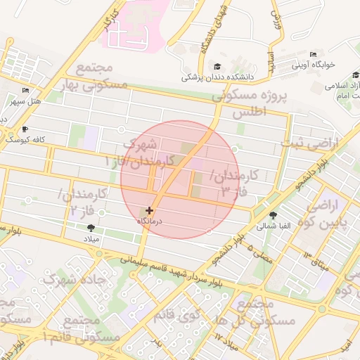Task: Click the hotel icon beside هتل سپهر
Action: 26,90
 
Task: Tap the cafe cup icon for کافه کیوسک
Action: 26,129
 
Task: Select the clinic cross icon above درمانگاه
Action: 149,210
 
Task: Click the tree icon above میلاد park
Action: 91,226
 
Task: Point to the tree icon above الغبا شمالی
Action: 273,215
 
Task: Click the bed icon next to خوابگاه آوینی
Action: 313,55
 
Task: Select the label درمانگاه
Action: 149,221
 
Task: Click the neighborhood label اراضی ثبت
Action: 310,144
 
